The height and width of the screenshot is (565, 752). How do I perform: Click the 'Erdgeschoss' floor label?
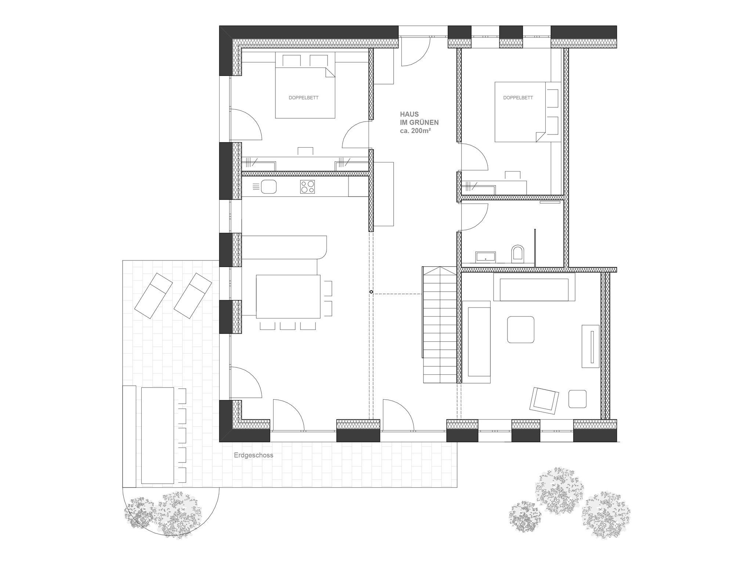pos(253,455)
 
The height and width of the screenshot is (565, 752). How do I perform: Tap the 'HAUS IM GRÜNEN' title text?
pos(419,119)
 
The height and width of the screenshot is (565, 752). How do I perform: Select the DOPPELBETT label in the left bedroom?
pos(303,98)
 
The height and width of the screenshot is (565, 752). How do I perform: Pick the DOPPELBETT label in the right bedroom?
pos(518,98)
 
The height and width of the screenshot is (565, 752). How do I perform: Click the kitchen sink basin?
pos(268,187)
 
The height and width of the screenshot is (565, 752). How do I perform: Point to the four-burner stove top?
pos(307,187)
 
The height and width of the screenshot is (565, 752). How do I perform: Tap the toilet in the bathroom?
pos(518,253)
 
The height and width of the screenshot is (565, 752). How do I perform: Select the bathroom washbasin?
pos(485,256)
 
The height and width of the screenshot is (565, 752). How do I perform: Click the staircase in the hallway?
pos(440,325)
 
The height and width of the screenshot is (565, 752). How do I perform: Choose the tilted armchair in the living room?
pos(544,399)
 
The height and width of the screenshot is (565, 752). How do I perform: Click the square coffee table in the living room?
pos(520,330)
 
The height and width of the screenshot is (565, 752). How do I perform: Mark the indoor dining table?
pos(288,296)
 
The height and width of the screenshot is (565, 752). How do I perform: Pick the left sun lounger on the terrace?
pos(153,295)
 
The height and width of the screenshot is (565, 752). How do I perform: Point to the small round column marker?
pos(371,292)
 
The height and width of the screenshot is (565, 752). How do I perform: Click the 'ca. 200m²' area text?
pos(415,130)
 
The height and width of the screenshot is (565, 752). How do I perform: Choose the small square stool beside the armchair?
pos(577,399)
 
